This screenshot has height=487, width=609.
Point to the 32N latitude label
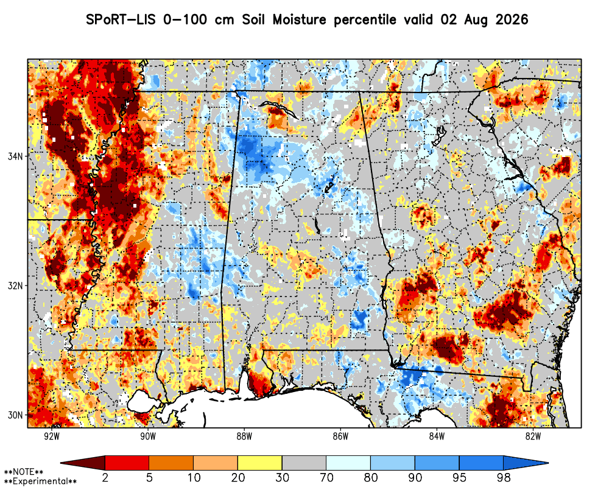click(16, 286)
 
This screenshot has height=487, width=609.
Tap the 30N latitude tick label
click(16, 415)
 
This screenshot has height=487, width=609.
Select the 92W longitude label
click(52, 436)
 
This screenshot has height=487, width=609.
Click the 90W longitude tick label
click(148, 436)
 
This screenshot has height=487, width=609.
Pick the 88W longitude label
click(244, 436)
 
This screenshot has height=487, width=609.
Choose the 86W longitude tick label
click(340, 436)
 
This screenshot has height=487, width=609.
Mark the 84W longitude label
click(437, 436)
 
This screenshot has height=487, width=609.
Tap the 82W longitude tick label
click(533, 436)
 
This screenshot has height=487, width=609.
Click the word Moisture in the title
click(299, 19)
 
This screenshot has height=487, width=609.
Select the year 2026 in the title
click(512, 19)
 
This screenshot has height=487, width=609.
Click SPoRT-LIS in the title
click(121, 19)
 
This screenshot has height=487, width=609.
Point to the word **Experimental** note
click(40, 482)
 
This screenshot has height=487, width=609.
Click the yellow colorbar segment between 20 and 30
click(260, 463)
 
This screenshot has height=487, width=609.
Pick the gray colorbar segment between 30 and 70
click(304, 463)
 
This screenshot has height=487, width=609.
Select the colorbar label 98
click(504, 477)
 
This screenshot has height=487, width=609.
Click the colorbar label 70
click(326, 477)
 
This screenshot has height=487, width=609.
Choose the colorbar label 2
click(105, 477)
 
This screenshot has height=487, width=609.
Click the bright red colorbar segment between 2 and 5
click(127, 463)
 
